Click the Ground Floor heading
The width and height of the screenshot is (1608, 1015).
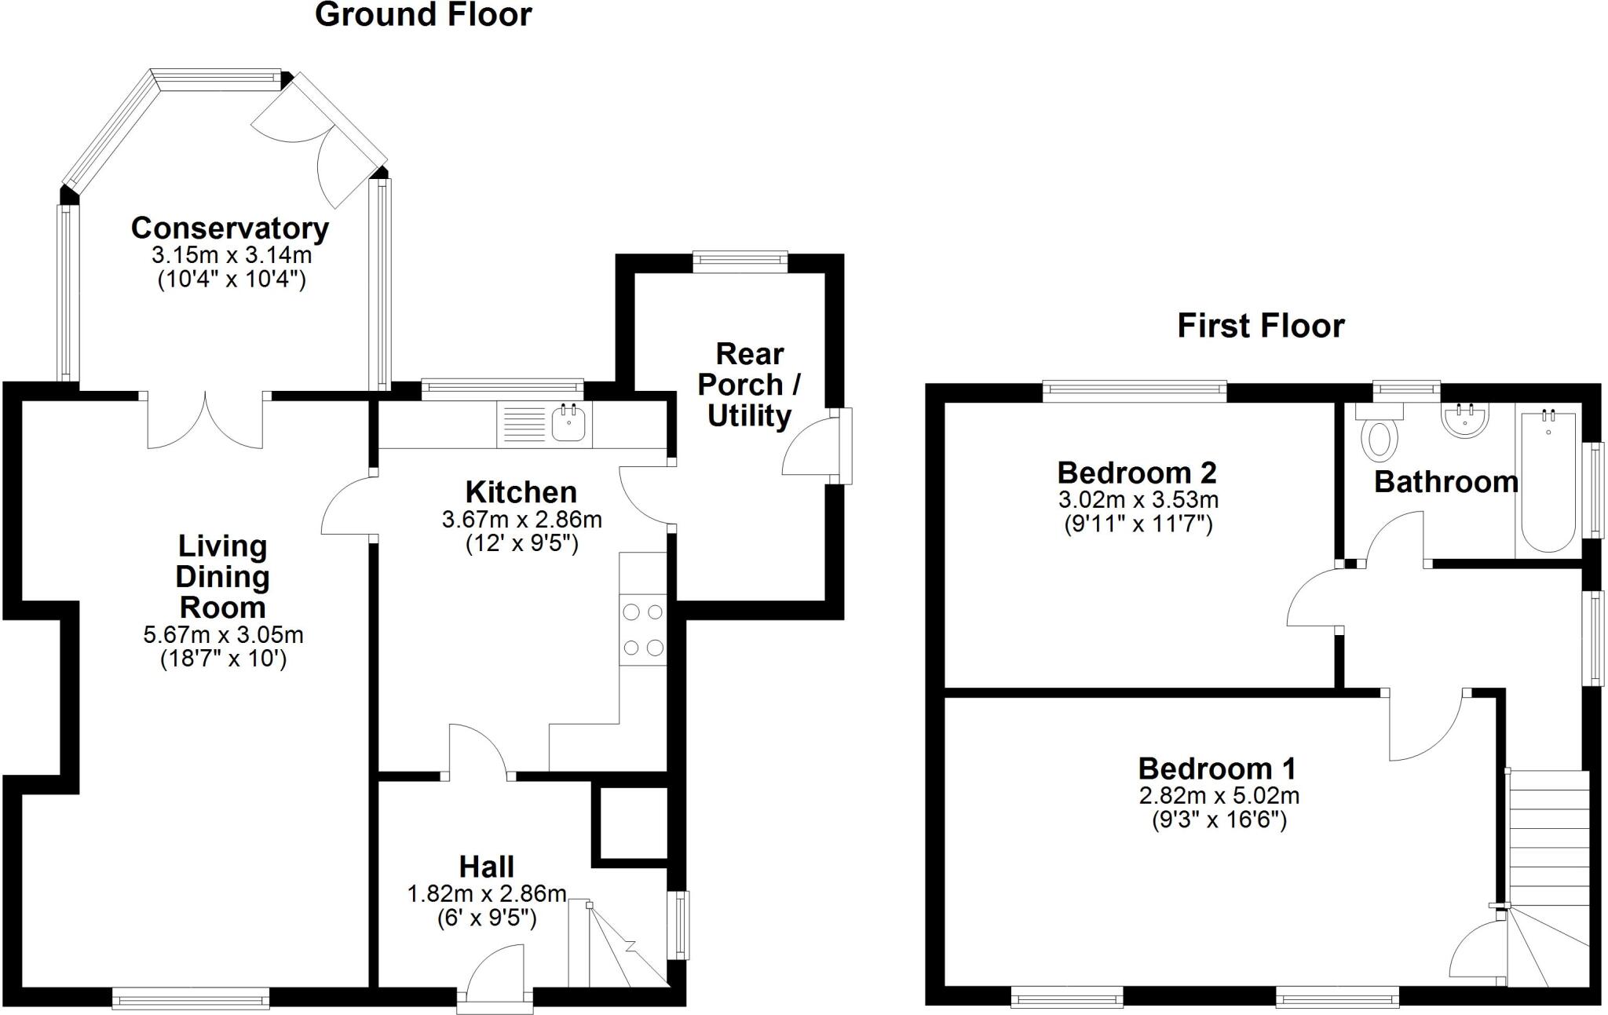point(423,15)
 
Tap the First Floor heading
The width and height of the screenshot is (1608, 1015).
point(1260,326)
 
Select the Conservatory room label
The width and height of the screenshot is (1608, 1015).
point(229,228)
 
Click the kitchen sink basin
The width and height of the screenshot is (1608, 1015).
point(568,424)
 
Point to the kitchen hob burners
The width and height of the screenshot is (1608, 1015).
point(642,630)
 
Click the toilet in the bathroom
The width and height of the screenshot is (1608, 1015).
point(1380,438)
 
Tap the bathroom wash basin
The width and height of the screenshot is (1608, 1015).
point(1464,420)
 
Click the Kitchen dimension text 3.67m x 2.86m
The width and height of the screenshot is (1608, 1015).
point(521,520)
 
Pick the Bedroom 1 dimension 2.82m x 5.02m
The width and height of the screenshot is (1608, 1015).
point(1219,796)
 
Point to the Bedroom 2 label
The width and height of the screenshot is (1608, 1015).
point(1137,473)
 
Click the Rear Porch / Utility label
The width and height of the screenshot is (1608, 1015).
point(750,385)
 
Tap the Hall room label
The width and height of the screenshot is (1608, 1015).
point(487,867)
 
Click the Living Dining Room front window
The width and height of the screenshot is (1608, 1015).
point(191,999)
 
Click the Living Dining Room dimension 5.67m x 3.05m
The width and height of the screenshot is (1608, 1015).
point(223,634)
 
